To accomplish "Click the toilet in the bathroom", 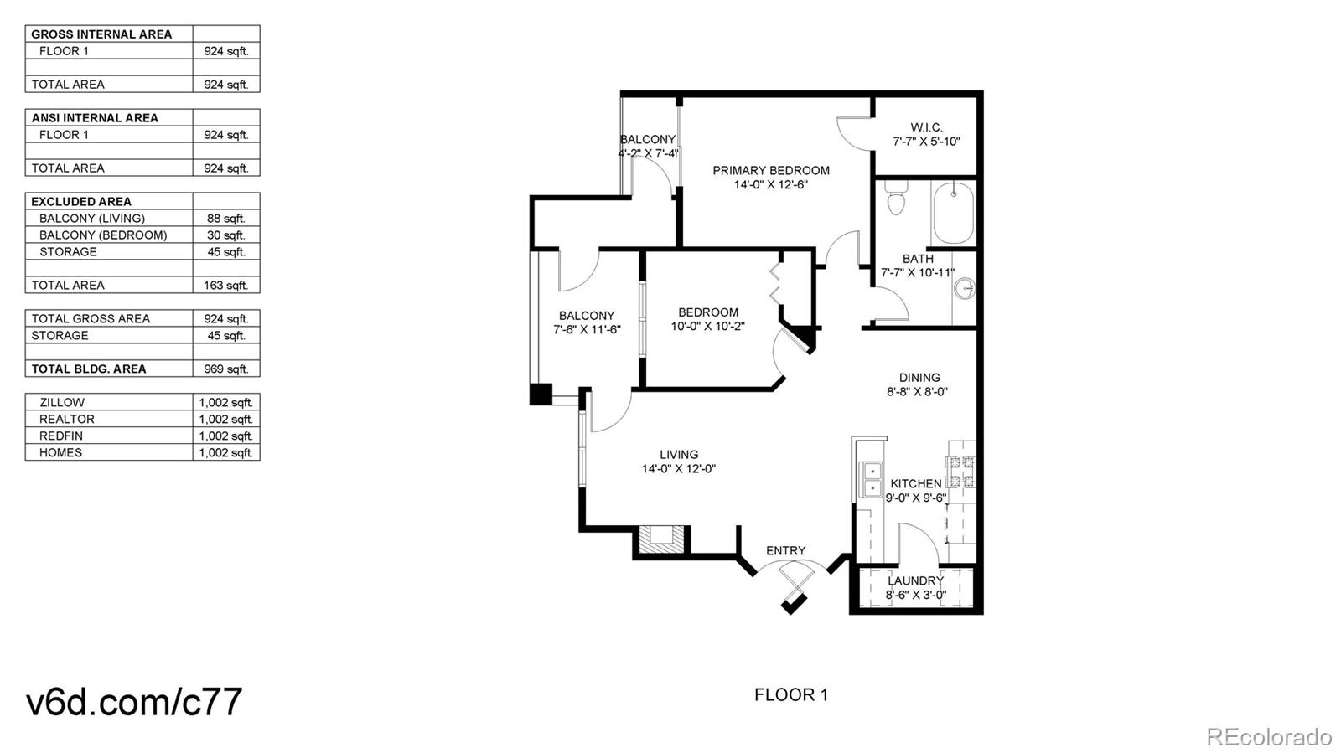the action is pyautogui.click(x=896, y=198).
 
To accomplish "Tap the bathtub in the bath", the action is pyautogui.click(x=953, y=213).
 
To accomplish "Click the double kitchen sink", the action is pyautogui.click(x=871, y=480).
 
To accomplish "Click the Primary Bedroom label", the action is pyautogui.click(x=771, y=171).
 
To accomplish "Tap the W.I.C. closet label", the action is pyautogui.click(x=926, y=127).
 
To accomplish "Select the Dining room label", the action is pyautogui.click(x=919, y=378).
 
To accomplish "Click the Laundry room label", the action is pyautogui.click(x=915, y=580).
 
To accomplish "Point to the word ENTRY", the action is pyautogui.click(x=785, y=550).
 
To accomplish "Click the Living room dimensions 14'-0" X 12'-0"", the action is pyautogui.click(x=679, y=469).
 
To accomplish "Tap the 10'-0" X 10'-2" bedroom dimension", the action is pyautogui.click(x=707, y=327).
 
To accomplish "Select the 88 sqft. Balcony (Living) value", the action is pyautogui.click(x=226, y=219).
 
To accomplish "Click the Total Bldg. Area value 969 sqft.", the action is pyautogui.click(x=225, y=369).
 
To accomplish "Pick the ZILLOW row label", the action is pyautogui.click(x=62, y=403).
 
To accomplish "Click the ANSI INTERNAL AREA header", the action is pyautogui.click(x=95, y=118).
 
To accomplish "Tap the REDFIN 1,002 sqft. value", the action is pyautogui.click(x=226, y=436).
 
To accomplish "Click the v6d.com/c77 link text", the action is pyautogui.click(x=134, y=701).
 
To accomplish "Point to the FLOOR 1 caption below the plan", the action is pyautogui.click(x=791, y=695).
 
